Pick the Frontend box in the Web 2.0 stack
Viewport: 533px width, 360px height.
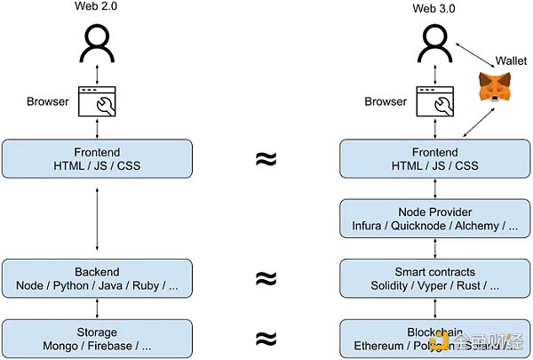pyautogui.click(x=96, y=158)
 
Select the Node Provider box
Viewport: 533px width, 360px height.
pyautogui.click(x=434, y=218)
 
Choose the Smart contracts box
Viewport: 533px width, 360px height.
pyautogui.click(x=434, y=277)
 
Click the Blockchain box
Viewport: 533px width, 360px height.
pyautogui.click(x=434, y=338)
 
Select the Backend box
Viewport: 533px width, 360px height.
pyautogui.click(x=96, y=277)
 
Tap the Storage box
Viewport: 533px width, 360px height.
pyautogui.click(x=96, y=338)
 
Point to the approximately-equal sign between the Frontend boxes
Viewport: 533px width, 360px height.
pyautogui.click(x=265, y=159)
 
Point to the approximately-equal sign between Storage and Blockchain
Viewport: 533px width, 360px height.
pyautogui.click(x=265, y=338)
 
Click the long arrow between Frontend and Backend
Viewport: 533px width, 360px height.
pyautogui.click(x=96, y=218)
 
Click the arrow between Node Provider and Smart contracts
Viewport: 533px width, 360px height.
pyautogui.click(x=434, y=248)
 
